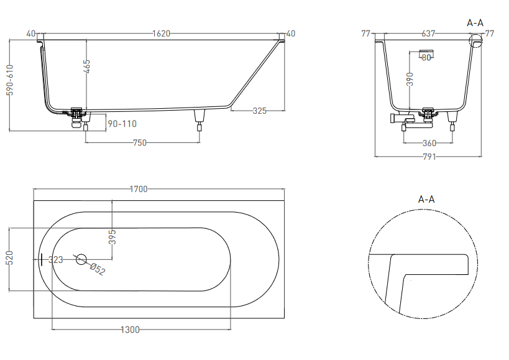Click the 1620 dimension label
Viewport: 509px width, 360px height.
click(x=161, y=34)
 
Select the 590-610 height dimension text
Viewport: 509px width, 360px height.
click(x=10, y=80)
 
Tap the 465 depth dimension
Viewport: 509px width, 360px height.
click(x=86, y=67)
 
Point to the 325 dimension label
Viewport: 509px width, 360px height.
click(x=259, y=111)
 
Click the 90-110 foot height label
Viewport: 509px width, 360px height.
click(x=122, y=124)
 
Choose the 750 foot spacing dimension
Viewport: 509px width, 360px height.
click(x=140, y=143)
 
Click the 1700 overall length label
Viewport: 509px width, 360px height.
click(x=139, y=189)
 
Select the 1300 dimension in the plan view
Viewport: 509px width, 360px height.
click(x=130, y=330)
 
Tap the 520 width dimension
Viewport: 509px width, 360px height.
click(x=10, y=258)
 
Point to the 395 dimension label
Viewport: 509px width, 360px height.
click(x=112, y=237)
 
